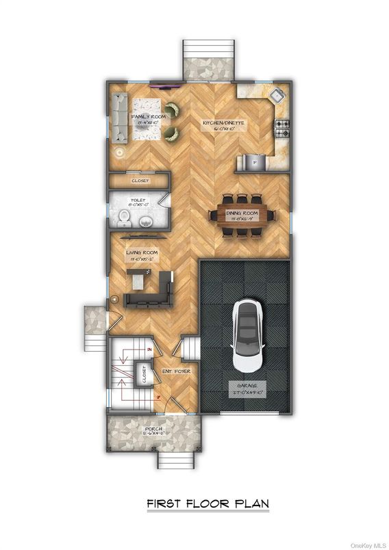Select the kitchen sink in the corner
coord(277,95)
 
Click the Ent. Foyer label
coord(176,371)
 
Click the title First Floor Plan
coord(208,504)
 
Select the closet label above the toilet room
coord(140,181)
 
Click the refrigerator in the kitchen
coord(252,162)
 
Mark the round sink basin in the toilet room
coord(146,221)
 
